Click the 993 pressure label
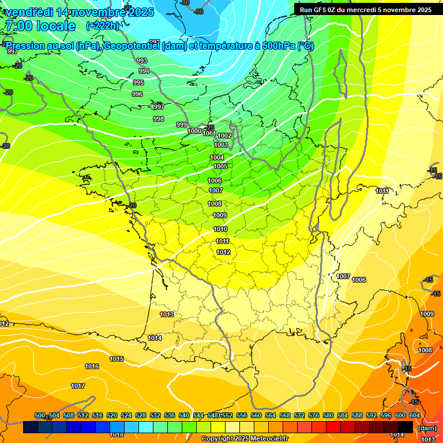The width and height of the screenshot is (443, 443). [x=142, y=61]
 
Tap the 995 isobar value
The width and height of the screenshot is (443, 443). [x=138, y=82]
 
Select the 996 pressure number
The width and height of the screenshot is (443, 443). [x=137, y=94]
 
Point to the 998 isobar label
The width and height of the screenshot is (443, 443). [x=159, y=119]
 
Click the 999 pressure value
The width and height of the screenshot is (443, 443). [x=182, y=125]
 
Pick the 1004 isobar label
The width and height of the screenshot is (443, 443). [x=217, y=157]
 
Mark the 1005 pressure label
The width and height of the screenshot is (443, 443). [x=220, y=166]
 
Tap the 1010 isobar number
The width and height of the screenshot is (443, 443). [x=220, y=229]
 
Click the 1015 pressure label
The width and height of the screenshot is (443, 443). [x=117, y=359]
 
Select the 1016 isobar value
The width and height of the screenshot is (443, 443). [x=92, y=366]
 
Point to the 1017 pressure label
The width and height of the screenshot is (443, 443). [x=78, y=386]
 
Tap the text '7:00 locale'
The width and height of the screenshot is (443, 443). [x=40, y=26]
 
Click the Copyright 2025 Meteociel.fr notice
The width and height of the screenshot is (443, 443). [x=244, y=438]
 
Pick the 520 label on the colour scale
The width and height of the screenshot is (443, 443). [x=112, y=415]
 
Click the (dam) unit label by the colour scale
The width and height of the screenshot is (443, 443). [x=427, y=427]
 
